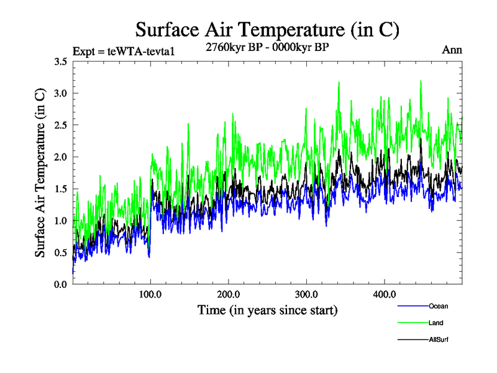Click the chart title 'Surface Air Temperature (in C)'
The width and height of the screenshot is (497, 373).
267,30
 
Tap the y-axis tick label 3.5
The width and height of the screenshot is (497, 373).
61,62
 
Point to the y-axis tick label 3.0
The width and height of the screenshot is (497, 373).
61,93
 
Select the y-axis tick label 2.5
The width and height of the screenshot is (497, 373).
61,125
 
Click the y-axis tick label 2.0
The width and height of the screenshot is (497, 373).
61,157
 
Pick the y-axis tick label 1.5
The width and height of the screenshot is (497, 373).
61,189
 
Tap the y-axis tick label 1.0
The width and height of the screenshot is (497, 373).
61,221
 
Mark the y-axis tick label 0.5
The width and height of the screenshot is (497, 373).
61,252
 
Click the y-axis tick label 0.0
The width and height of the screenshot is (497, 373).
61,284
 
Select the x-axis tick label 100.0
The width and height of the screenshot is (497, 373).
151,294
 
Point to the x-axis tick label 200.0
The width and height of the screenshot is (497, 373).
229,294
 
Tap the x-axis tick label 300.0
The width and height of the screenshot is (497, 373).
307,294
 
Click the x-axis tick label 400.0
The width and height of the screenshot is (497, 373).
385,294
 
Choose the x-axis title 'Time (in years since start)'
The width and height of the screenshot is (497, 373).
267,310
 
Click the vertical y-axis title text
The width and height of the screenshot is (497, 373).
40,173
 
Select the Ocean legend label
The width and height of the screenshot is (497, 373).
438,306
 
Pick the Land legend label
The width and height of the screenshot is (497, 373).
436,323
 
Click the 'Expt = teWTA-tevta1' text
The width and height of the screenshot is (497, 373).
124,51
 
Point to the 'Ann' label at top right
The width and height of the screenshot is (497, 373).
452,50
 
